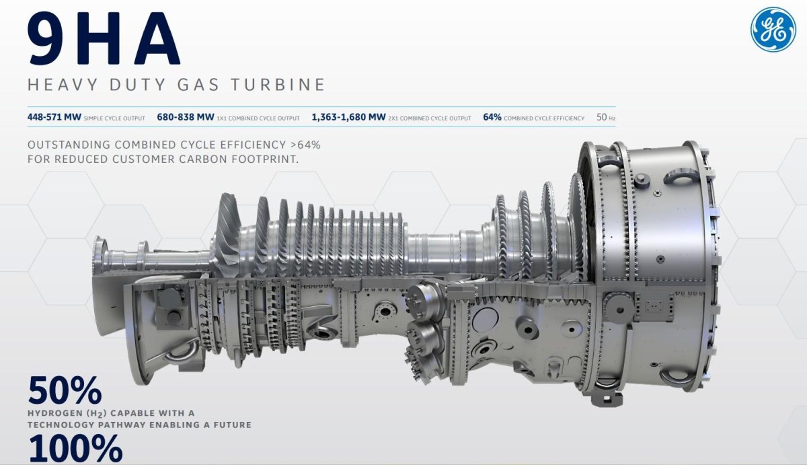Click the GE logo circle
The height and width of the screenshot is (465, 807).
773,30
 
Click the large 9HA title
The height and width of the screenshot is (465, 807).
104,39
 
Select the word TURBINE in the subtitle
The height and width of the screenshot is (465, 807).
278,85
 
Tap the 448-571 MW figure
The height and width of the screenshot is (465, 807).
54,117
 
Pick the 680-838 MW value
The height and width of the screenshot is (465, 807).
186,117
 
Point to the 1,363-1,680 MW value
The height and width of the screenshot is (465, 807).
348,117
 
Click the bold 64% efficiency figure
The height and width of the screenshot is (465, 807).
492,117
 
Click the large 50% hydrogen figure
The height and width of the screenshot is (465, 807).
65,390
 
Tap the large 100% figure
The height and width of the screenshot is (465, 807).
75,449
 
